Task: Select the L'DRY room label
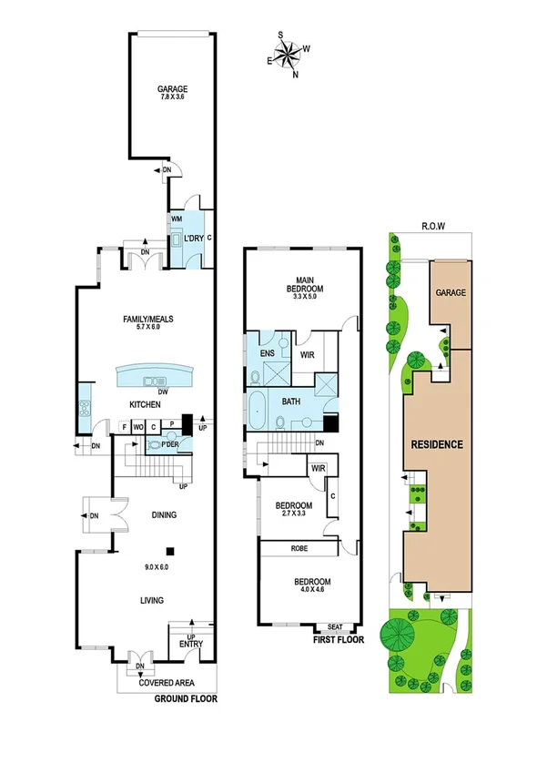pos(193,239)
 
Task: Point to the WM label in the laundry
pos(176,220)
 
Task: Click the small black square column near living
pos(169,550)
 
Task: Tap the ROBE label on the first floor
pos(299,549)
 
